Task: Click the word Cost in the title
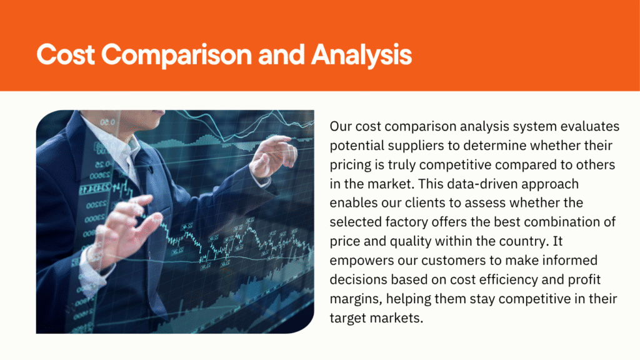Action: pyautogui.click(x=66, y=55)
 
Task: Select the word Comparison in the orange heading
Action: pyautogui.click(x=177, y=56)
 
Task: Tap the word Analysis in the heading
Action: pyautogui.click(x=362, y=56)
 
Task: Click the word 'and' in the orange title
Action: pyautogui.click(x=282, y=55)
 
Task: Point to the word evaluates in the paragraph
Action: pyautogui.click(x=590, y=126)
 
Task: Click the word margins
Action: pyautogui.click(x=356, y=299)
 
